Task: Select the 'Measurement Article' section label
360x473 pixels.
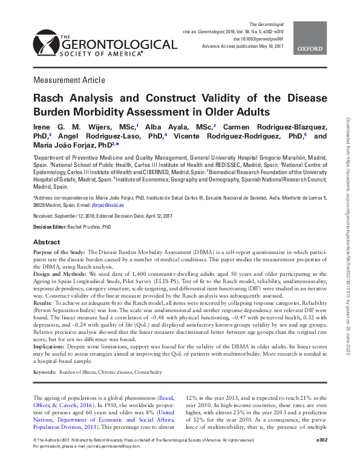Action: coord(69,80)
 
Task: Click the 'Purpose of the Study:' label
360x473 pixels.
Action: coord(59,251)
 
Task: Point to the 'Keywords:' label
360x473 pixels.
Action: coord(46,371)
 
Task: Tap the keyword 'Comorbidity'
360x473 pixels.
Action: coord(152,371)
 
